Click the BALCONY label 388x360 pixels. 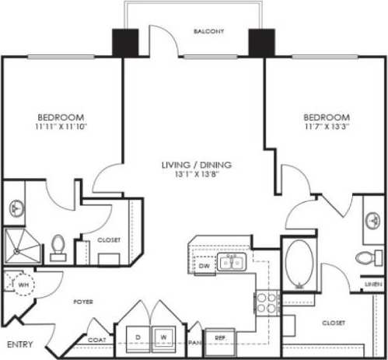tap(209, 32)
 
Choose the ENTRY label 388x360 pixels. tap(18, 343)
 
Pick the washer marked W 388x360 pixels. tap(163, 337)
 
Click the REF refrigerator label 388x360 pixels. tap(220, 338)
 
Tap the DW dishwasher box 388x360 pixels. tap(204, 265)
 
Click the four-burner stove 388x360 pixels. tap(267, 302)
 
